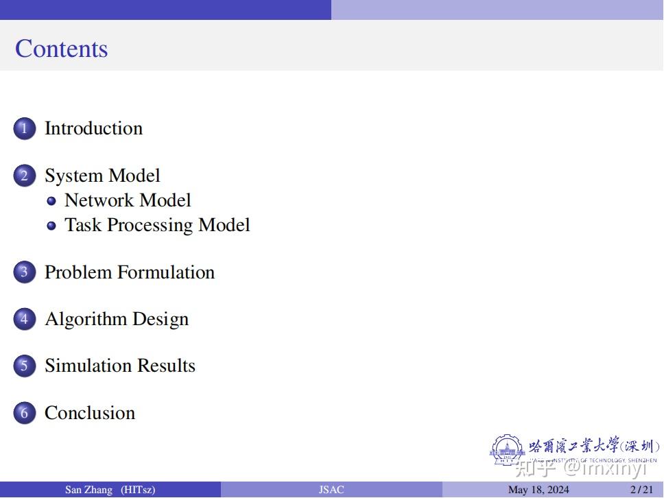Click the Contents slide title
(x=62, y=49)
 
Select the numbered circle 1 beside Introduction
(x=24, y=128)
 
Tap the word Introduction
(x=93, y=128)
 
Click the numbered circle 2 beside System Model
(x=24, y=176)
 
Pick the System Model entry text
(x=102, y=176)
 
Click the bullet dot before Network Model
(x=51, y=201)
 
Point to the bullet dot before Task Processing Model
(x=51, y=226)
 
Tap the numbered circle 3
(x=24, y=272)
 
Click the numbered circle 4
(x=24, y=319)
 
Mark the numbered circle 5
(x=24, y=366)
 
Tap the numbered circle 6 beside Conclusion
(x=24, y=413)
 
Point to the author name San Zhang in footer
(x=88, y=490)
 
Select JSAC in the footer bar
(x=331, y=490)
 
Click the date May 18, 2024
(x=538, y=490)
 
